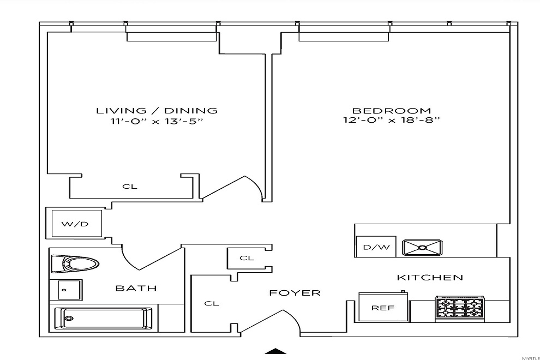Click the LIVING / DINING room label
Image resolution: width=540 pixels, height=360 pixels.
pos(157,111)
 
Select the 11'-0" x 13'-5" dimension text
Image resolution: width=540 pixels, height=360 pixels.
pos(157,122)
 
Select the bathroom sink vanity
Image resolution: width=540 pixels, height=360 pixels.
pos(66,289)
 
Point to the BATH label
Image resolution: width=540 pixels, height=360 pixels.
pos(136,288)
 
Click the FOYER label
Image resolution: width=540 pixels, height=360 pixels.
pos(295,293)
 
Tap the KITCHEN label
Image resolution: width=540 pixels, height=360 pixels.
pos(430,278)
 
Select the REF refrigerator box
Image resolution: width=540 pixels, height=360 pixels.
pos(382,308)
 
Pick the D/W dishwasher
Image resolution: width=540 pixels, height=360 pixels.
pos(376,247)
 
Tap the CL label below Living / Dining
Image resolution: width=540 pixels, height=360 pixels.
pos(130,187)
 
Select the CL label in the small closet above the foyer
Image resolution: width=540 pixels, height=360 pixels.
pos(247,258)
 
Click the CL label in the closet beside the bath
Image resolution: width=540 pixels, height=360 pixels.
pos(212,303)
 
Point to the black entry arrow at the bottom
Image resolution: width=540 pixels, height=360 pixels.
pos(276,352)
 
